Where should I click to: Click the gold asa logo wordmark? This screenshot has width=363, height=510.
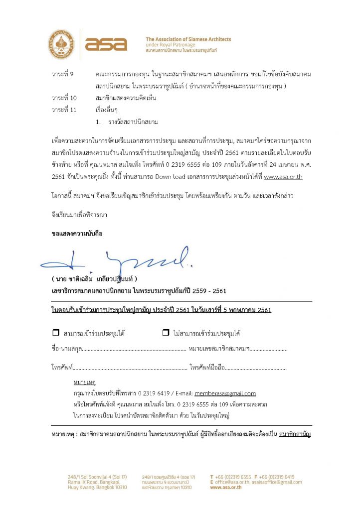click(x=106, y=44)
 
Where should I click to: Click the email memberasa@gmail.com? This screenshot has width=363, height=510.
click(x=225, y=393)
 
